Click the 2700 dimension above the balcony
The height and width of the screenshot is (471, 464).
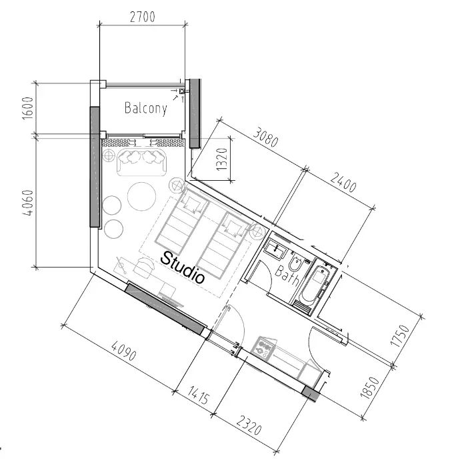click(143, 17)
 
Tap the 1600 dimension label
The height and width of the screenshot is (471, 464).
click(27, 108)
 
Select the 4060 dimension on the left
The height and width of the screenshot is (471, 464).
click(27, 203)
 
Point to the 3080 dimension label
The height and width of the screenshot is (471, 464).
click(265, 137)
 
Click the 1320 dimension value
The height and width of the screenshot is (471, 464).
click(222, 159)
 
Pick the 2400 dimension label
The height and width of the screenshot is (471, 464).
click(343, 182)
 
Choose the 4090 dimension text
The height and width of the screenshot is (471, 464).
click(123, 350)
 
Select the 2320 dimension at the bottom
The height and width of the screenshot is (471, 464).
click(249, 426)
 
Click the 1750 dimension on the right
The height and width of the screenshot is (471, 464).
click(400, 336)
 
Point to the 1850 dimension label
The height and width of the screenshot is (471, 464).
click(370, 388)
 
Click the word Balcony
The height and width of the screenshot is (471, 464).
click(146, 108)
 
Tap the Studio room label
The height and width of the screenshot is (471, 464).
click(183, 268)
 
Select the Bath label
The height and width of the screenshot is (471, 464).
click(287, 275)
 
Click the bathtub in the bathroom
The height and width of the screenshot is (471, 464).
click(315, 285)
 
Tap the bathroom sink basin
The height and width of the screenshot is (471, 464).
click(275, 250)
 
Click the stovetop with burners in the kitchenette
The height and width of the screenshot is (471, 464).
click(264, 348)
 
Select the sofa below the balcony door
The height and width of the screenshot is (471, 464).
click(141, 161)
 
